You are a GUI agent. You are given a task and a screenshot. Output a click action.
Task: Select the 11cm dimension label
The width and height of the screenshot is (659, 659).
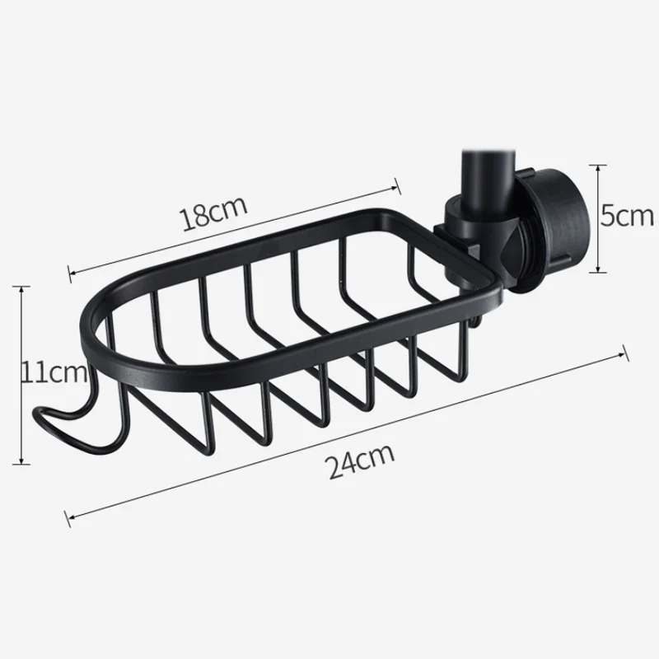[54, 372]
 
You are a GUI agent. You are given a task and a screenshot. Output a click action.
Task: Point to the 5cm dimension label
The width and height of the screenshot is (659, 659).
[627, 217]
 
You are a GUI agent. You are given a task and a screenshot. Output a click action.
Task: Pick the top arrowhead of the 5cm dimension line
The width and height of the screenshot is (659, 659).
[598, 166]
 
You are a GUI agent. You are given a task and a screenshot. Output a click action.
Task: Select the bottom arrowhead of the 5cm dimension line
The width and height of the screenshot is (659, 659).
[598, 272]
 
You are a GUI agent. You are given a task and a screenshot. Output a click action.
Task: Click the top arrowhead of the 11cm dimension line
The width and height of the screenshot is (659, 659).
[21, 287]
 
